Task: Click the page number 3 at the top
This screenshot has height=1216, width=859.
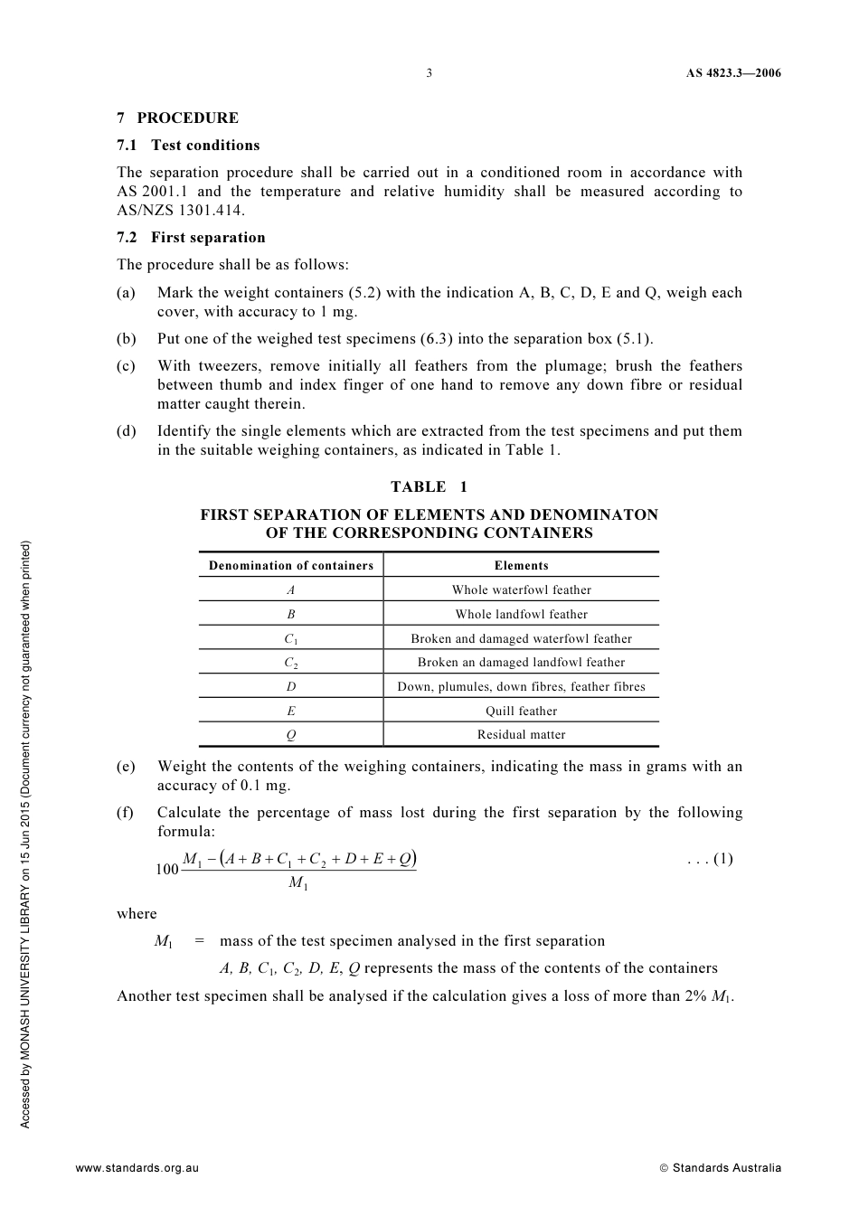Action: click(429, 73)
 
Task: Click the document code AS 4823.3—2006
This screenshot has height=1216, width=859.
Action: click(732, 73)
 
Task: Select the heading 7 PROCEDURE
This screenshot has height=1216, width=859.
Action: click(178, 118)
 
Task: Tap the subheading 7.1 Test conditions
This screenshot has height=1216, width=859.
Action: click(188, 146)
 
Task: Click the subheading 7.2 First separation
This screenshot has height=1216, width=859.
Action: click(191, 238)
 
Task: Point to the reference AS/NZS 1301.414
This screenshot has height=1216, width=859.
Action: click(181, 211)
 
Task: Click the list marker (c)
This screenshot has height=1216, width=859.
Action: click(126, 366)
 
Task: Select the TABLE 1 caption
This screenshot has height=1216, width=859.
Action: click(429, 486)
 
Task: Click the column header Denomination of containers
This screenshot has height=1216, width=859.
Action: click(291, 566)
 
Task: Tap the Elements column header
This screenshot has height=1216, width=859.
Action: click(521, 566)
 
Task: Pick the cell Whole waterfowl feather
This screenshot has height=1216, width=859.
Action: click(521, 590)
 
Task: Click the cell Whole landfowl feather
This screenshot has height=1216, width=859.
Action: click(521, 615)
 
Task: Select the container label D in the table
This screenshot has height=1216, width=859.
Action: click(291, 687)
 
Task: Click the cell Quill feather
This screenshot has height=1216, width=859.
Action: click(521, 712)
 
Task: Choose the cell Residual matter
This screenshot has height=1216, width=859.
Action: click(521, 735)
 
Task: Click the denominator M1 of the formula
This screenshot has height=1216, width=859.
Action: click(298, 882)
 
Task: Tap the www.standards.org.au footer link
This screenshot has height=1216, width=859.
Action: click(137, 1168)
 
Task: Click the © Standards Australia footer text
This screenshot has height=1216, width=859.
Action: click(720, 1168)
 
